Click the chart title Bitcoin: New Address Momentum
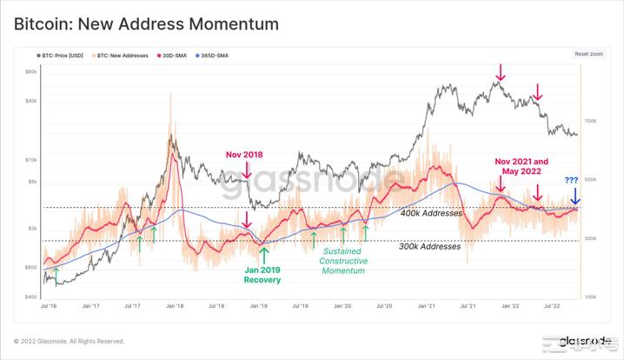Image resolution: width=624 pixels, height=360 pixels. [146, 24]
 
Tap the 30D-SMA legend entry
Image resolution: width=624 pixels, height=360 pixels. [172, 55]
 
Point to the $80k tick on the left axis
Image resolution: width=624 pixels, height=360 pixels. [30, 71]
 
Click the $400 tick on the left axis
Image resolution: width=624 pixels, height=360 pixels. [30, 297]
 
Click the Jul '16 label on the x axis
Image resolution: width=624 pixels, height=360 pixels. [50, 306]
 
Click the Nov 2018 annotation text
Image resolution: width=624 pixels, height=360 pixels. [243, 155]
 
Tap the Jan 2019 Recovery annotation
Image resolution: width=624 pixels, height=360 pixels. [263, 275]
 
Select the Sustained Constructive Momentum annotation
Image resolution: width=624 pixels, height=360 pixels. [342, 261]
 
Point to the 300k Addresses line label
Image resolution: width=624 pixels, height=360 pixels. [429, 247]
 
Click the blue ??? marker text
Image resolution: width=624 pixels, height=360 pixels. [571, 181]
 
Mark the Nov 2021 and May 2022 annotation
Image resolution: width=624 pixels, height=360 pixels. [521, 167]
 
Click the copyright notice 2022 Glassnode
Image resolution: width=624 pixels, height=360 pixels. [70, 341]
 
